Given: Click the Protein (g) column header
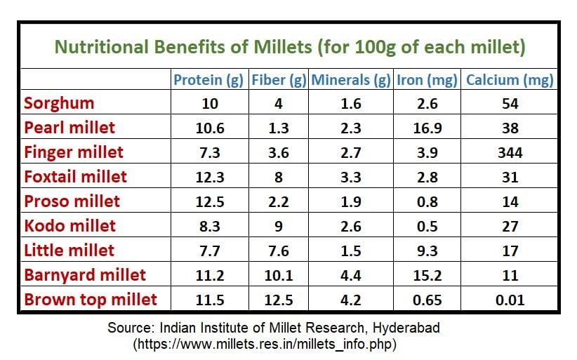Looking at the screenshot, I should click(x=208, y=79).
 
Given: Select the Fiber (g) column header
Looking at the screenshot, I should click(x=279, y=79).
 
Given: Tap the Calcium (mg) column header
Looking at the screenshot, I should click(x=510, y=79).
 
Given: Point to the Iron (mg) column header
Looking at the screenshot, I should click(x=427, y=79).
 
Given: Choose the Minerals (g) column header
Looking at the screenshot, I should click(x=350, y=79).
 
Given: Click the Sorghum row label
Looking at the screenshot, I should click(x=59, y=104).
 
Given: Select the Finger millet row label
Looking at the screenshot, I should click(x=74, y=152).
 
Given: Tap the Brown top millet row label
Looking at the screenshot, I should click(x=91, y=300).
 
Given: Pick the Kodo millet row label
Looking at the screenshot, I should click(x=69, y=226).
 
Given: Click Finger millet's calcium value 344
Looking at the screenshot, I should click(x=510, y=153).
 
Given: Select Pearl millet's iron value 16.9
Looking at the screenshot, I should click(x=426, y=128).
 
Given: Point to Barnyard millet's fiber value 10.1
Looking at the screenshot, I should click(x=279, y=276).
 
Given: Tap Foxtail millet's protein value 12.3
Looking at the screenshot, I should click(x=208, y=178).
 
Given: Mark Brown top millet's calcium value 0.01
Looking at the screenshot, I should click(x=510, y=300).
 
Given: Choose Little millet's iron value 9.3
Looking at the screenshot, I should click(x=426, y=251).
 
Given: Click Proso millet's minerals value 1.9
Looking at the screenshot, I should click(x=350, y=202).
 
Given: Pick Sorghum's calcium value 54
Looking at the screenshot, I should click(x=510, y=104).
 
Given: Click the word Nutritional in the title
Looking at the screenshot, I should click(x=100, y=47).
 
